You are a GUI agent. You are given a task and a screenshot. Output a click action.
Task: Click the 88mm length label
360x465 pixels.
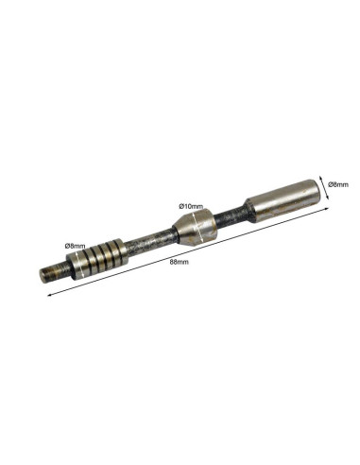(x=179, y=262)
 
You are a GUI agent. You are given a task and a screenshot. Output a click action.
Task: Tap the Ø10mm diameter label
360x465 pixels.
(x=191, y=206)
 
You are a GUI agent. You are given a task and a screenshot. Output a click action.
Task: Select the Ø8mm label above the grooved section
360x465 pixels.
(x=75, y=246)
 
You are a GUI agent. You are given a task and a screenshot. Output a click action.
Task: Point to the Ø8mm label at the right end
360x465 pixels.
(x=338, y=184)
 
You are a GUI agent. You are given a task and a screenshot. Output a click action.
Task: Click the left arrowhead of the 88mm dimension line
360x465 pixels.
(x=49, y=295)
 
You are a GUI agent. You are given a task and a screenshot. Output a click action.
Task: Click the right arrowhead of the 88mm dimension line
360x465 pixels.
(x=327, y=209)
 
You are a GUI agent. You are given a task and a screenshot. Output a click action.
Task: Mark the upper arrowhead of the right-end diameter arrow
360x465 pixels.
(x=320, y=178)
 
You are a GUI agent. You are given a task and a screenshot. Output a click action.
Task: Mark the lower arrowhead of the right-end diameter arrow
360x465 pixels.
(x=327, y=197)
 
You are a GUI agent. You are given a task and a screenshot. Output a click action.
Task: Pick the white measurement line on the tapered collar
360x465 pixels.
(x=197, y=225)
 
